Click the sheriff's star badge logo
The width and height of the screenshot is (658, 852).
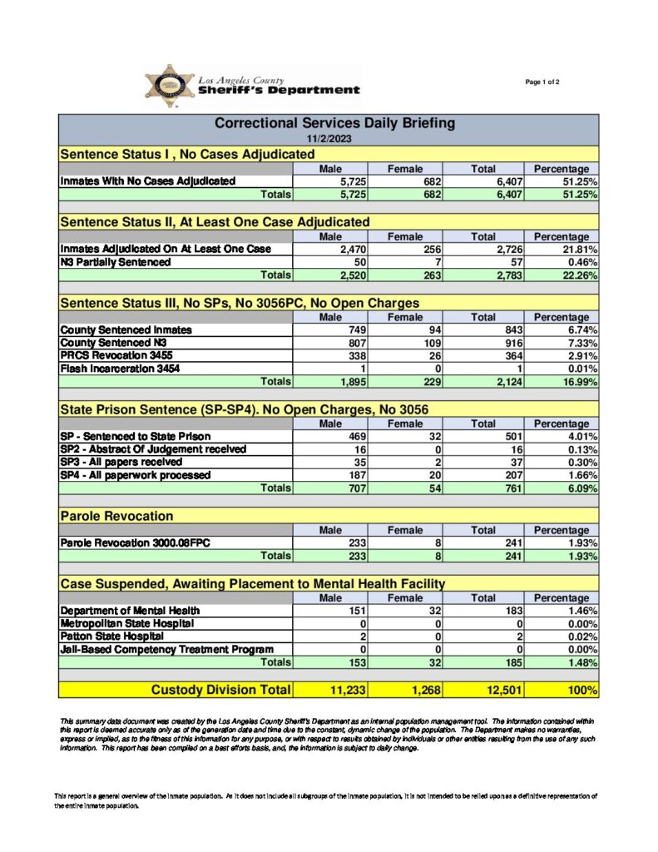[169, 86]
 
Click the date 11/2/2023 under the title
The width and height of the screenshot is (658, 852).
[329, 138]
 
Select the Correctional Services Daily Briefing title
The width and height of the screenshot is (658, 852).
[334, 123]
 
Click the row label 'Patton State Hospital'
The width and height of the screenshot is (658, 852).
[106, 637]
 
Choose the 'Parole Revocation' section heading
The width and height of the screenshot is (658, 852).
[117, 517]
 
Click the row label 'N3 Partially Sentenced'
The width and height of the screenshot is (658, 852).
[116, 262]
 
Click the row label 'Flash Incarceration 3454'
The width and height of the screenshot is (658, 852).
[120, 369]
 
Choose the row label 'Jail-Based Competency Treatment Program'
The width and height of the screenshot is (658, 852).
[166, 649]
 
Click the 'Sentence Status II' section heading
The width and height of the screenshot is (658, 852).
[215, 222]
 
